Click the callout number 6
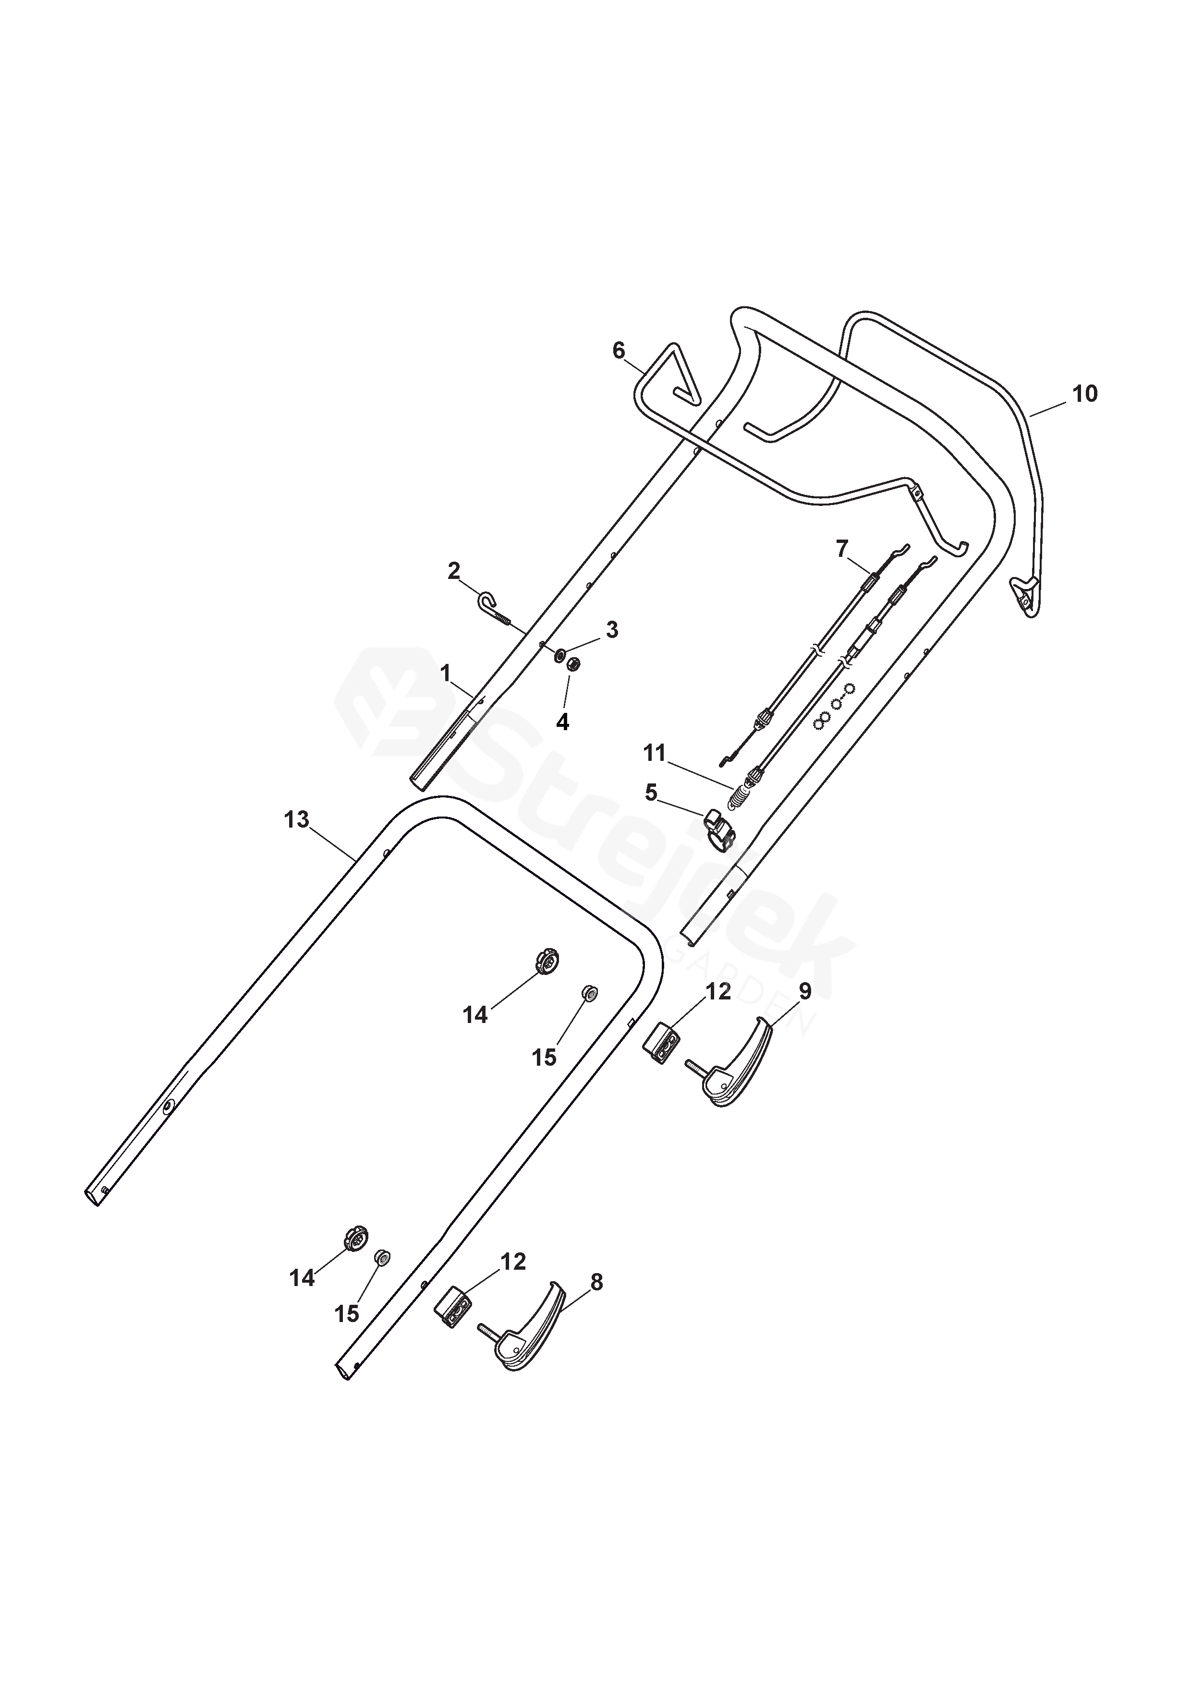click(x=619, y=351)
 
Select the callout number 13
click(x=296, y=819)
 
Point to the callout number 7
click(x=842, y=548)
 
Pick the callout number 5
click(x=651, y=793)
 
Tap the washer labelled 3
click(x=559, y=653)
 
